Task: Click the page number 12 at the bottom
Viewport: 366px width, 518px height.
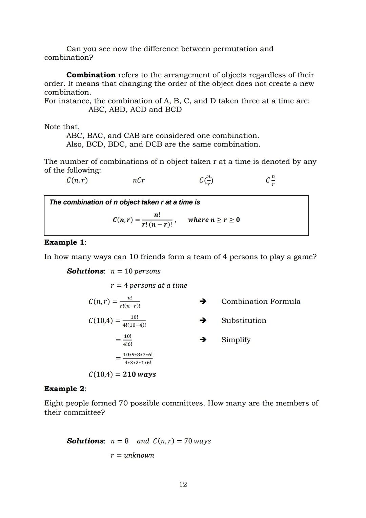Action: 183,484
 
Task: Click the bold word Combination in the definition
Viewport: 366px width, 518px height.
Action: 91,75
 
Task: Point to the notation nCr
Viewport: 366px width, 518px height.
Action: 139,180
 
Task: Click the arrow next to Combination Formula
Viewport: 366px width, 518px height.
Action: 203,301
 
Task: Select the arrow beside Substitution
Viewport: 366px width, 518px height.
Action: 203,320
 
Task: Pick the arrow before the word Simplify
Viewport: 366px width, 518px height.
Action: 203,340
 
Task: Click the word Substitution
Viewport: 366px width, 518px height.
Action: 244,321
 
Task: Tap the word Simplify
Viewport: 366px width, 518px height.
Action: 236,340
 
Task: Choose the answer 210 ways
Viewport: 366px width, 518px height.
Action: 139,375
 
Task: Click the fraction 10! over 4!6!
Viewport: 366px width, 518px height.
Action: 127,340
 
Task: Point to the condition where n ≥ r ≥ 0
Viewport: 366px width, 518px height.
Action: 214,220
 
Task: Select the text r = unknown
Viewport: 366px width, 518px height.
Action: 132,455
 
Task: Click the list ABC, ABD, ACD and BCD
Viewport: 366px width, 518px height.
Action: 135,110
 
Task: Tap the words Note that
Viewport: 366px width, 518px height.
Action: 62,127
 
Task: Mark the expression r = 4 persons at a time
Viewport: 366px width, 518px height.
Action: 149,286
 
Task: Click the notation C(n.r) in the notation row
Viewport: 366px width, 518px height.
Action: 77,180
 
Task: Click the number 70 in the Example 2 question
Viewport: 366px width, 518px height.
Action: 123,403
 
